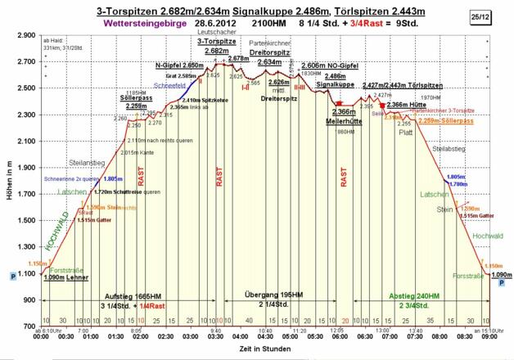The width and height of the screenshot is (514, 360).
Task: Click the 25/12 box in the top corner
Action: point(498,16)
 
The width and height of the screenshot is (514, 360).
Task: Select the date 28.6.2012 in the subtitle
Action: point(216,24)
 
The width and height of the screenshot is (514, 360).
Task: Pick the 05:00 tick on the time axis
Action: point(291,336)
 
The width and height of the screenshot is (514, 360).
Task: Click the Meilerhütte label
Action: point(343,120)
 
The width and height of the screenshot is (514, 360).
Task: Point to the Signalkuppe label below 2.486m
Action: point(335,84)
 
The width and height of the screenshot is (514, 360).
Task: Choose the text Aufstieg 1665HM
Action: point(131,296)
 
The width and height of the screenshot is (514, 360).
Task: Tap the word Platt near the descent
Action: point(407,132)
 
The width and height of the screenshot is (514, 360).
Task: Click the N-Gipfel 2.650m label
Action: point(178,65)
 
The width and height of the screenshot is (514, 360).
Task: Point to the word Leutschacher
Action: point(215,33)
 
